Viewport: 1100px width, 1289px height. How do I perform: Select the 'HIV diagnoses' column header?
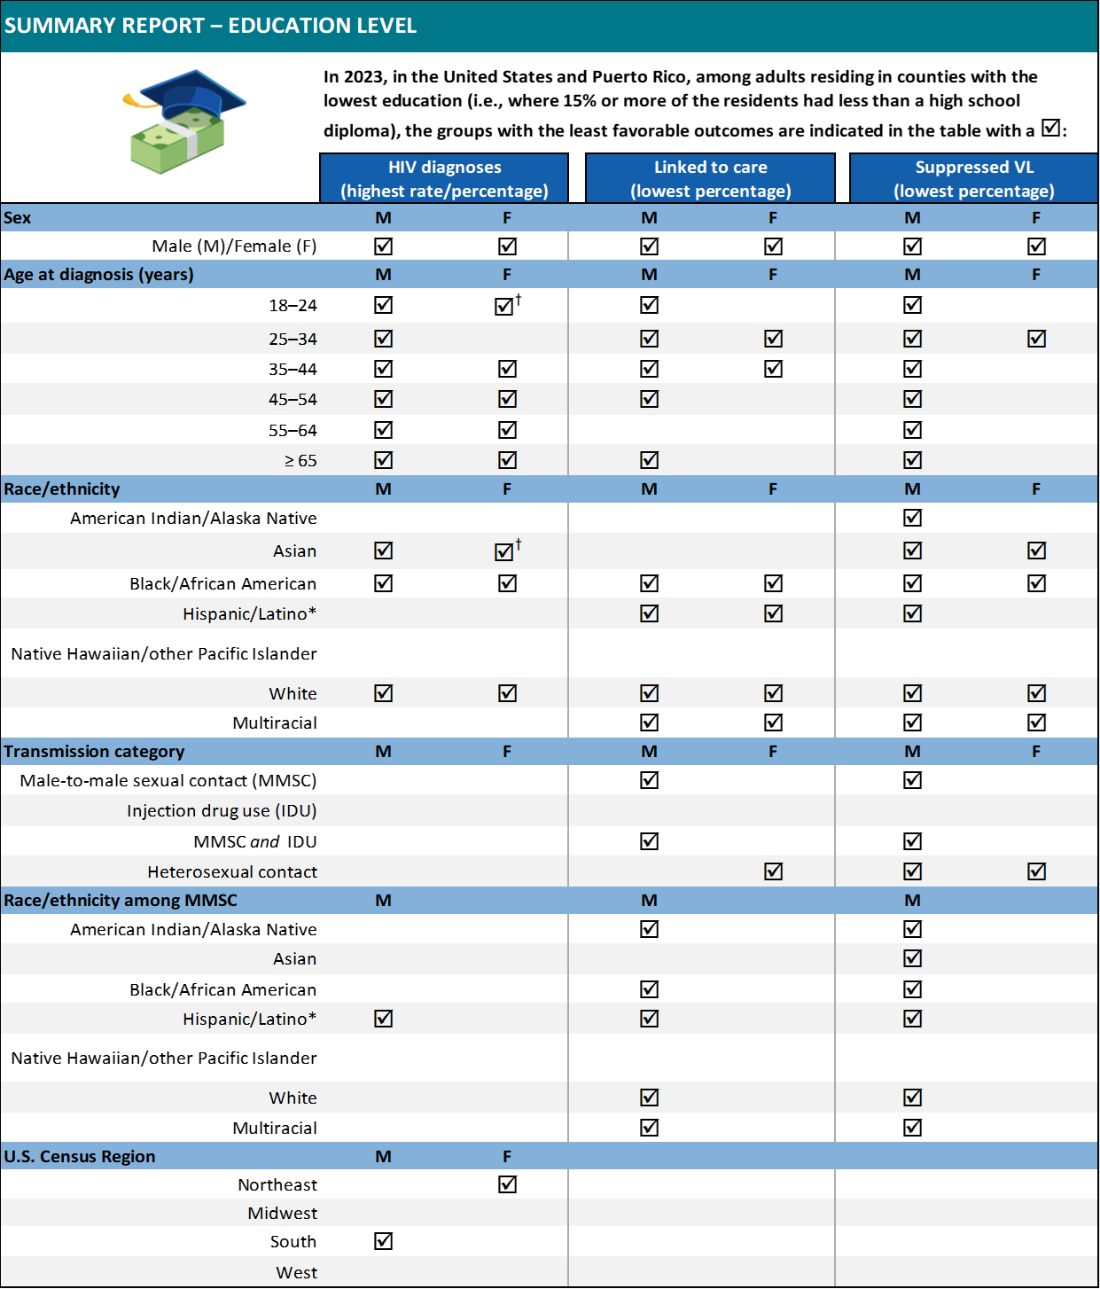(444, 178)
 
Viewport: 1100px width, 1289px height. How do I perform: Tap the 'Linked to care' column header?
(710, 178)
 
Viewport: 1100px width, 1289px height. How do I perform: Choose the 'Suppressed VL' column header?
(973, 178)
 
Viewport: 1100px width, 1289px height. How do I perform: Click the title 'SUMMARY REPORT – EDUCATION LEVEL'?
(210, 26)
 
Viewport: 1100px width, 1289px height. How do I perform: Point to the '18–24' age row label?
(293, 306)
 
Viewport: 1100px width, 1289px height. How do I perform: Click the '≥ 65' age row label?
(300, 461)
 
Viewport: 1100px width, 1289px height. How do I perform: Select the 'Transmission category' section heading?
(94, 752)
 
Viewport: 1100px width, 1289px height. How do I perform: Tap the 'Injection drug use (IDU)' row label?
(222, 811)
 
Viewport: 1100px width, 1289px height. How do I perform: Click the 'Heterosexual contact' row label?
(232, 872)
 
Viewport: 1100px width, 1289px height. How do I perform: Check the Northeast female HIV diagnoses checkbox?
(507, 1184)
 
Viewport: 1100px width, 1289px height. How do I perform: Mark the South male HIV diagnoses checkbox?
(383, 1241)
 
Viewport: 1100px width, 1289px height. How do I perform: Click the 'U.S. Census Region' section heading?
(80, 1157)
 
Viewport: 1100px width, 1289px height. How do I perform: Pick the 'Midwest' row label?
(282, 1214)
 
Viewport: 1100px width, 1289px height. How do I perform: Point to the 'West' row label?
(296, 1273)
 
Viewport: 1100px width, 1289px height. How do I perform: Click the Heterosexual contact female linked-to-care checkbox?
(773, 871)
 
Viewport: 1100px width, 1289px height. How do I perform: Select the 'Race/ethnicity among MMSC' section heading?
(121, 901)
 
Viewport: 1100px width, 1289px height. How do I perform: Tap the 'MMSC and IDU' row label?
(255, 842)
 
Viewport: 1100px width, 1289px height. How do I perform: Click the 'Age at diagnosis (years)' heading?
(98, 275)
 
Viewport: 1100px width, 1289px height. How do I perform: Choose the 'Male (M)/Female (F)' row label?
(234, 246)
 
